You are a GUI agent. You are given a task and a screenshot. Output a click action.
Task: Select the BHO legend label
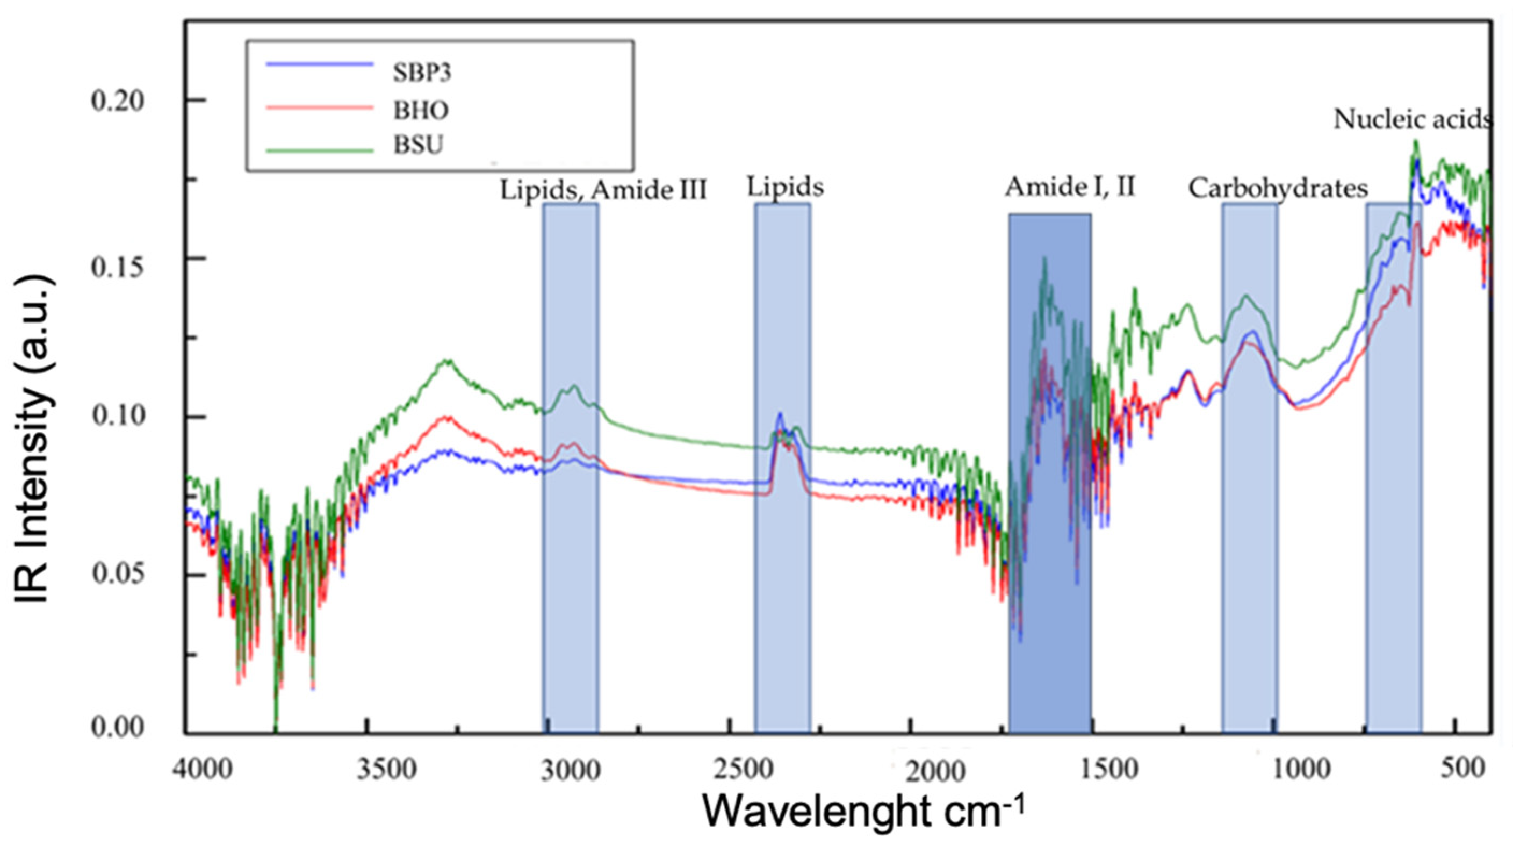pyautogui.click(x=421, y=110)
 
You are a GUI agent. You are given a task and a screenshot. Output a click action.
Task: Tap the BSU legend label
pyautogui.click(x=417, y=145)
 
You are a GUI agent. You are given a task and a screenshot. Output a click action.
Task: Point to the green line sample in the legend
pyautogui.click(x=320, y=150)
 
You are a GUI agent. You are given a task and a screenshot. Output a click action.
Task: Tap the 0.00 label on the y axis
pyautogui.click(x=118, y=727)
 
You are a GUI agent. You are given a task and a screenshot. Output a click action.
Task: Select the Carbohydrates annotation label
pyautogui.click(x=1278, y=189)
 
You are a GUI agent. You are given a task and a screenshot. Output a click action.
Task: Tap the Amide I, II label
pyautogui.click(x=1070, y=187)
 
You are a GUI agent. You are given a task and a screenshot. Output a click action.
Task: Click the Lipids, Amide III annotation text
pyautogui.click(x=603, y=190)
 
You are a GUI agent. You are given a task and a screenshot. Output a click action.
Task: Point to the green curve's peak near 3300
pyautogui.click(x=448, y=361)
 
